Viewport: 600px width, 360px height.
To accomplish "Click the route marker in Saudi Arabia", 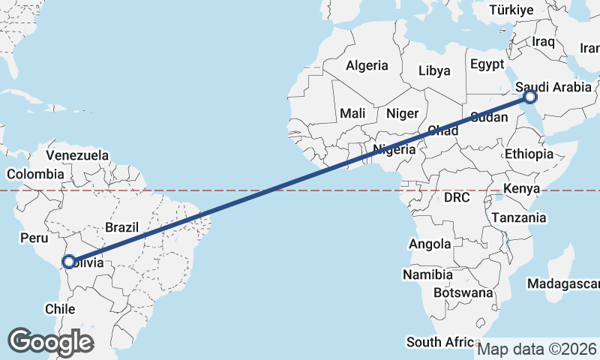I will coord(530,97).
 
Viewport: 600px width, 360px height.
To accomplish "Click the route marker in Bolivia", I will coord(68,262).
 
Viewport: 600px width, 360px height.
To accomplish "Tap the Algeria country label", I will coord(367,65).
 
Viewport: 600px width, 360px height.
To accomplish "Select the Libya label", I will coord(435,71).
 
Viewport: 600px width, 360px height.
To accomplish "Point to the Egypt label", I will coord(488,64).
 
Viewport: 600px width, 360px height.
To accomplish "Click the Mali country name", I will coord(352,113).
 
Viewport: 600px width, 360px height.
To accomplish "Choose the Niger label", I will coord(402,114).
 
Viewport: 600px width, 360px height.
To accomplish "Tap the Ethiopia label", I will coord(529,154).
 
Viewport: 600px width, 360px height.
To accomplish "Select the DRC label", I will coord(456,198).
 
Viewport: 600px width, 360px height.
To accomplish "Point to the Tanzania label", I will coord(518,217).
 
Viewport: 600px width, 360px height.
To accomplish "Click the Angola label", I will coord(430,244).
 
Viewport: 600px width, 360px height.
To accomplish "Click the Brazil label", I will coord(121,227).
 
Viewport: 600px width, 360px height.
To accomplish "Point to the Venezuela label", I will coord(77,155).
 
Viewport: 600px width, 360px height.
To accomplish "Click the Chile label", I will coord(60,309).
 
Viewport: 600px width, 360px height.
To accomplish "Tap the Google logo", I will coord(50,341).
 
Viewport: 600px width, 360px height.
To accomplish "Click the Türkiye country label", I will coord(511,10).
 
